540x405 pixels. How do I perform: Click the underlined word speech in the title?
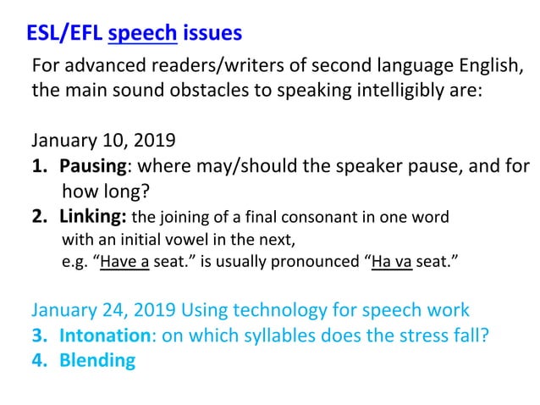click(142, 34)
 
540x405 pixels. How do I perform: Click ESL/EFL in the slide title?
click(64, 34)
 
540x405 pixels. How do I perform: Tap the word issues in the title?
click(212, 34)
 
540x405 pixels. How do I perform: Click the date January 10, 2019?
click(103, 140)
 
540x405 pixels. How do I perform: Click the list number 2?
click(38, 215)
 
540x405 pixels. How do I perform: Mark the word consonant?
click(323, 216)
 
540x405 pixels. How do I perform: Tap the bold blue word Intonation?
click(104, 335)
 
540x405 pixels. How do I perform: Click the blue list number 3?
click(38, 335)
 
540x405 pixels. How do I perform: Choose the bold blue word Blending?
click(97, 360)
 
